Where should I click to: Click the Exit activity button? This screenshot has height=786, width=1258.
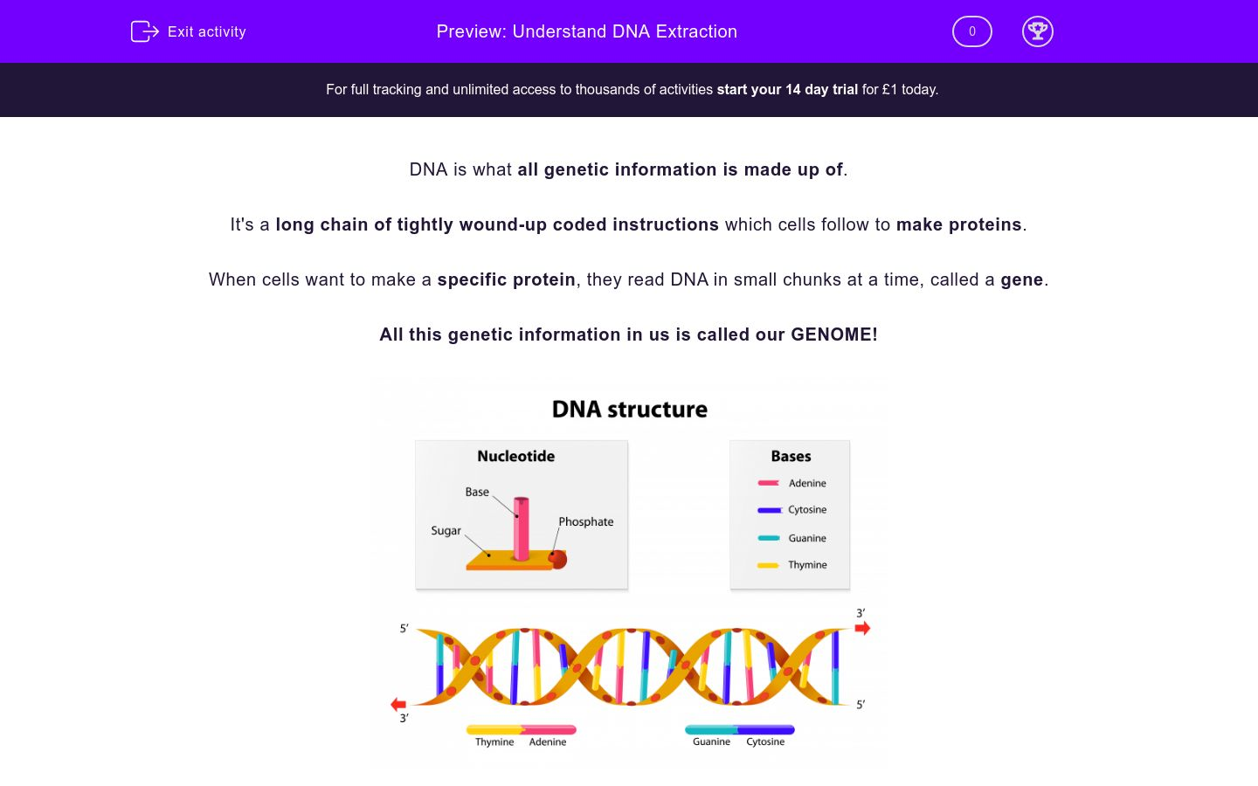click(x=189, y=31)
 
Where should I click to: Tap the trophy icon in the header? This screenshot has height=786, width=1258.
click(x=1037, y=31)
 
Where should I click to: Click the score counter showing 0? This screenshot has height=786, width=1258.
click(x=971, y=31)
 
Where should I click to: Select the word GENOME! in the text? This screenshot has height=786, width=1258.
click(x=833, y=334)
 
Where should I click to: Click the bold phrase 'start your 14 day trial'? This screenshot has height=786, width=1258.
click(x=786, y=89)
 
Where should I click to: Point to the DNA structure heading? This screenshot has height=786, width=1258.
click(x=629, y=409)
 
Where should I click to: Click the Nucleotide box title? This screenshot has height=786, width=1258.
click(x=515, y=456)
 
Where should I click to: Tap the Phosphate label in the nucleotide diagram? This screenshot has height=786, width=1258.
click(x=585, y=521)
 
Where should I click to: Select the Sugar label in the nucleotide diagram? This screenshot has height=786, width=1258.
click(x=446, y=530)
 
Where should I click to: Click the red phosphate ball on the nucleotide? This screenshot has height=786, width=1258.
click(x=558, y=559)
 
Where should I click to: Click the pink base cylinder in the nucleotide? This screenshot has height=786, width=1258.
click(x=522, y=528)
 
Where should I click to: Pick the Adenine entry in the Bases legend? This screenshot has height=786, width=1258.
click(x=806, y=483)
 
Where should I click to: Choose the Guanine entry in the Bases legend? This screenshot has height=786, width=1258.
click(x=806, y=538)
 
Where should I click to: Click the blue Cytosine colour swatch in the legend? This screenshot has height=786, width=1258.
click(x=769, y=510)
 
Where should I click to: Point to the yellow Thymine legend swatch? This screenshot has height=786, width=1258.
click(x=768, y=565)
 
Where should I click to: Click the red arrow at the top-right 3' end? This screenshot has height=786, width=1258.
click(x=862, y=628)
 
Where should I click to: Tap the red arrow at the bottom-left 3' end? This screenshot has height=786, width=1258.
click(x=398, y=704)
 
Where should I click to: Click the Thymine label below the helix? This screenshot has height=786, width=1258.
click(x=494, y=741)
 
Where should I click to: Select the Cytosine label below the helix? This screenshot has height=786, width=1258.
click(x=765, y=741)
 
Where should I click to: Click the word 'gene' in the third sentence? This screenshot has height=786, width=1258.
click(x=1021, y=279)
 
